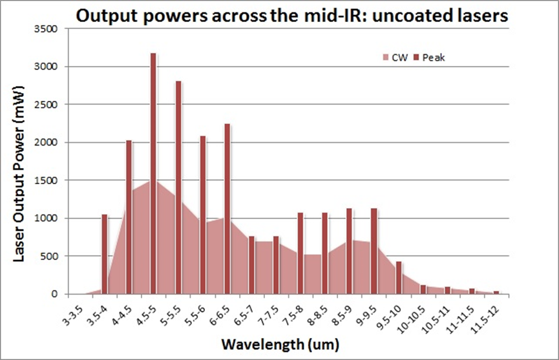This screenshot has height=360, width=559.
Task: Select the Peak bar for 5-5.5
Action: click(x=178, y=187)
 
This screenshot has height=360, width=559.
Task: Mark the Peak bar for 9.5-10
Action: click(x=398, y=278)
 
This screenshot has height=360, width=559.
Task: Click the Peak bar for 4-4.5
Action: click(x=129, y=217)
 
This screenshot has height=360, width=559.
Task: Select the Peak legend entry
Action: click(x=430, y=58)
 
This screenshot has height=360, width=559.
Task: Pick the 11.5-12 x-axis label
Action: click(x=486, y=312)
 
